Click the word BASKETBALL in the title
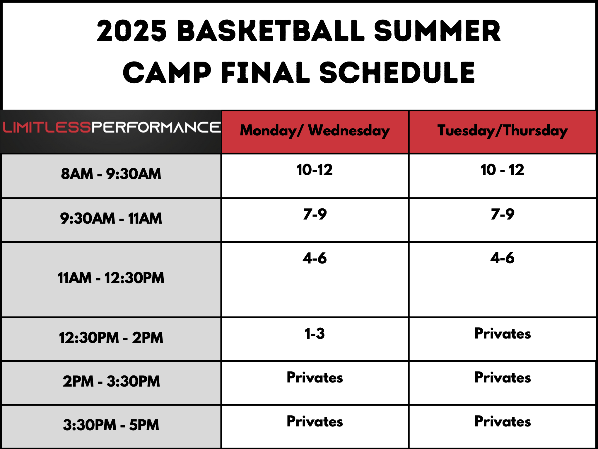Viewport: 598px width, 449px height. pyautogui.click(x=271, y=30)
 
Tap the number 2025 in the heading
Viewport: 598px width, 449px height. pyautogui.click(x=132, y=30)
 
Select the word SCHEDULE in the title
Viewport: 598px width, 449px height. pyautogui.click(x=397, y=72)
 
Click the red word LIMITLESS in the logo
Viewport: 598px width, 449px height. pyautogui.click(x=47, y=127)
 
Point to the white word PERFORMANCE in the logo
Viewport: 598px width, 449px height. pyautogui.click(x=156, y=127)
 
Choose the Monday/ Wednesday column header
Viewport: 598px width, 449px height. pyautogui.click(x=315, y=131)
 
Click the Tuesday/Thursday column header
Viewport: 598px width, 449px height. pyautogui.click(x=503, y=131)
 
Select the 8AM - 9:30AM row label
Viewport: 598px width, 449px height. pyautogui.click(x=111, y=174)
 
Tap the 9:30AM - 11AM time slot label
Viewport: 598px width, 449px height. pyautogui.click(x=111, y=218)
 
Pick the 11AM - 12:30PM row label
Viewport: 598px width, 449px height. pyautogui.click(x=111, y=278)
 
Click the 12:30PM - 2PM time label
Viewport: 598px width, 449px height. pyautogui.click(x=111, y=338)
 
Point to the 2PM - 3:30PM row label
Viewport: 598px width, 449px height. pyautogui.click(x=111, y=381)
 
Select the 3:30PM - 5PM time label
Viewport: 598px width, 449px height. pyautogui.click(x=111, y=425)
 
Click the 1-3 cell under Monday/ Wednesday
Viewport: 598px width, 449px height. pyautogui.click(x=315, y=334)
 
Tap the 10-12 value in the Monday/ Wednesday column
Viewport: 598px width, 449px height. pyautogui.click(x=315, y=170)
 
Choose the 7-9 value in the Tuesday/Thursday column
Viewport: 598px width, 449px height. pyautogui.click(x=503, y=214)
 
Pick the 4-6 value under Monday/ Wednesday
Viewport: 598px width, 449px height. pyautogui.click(x=315, y=258)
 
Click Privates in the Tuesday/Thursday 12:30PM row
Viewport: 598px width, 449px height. pyautogui.click(x=503, y=334)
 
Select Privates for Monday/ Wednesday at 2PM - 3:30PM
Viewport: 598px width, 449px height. pyautogui.click(x=315, y=377)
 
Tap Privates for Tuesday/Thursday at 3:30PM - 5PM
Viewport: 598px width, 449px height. pyautogui.click(x=503, y=421)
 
